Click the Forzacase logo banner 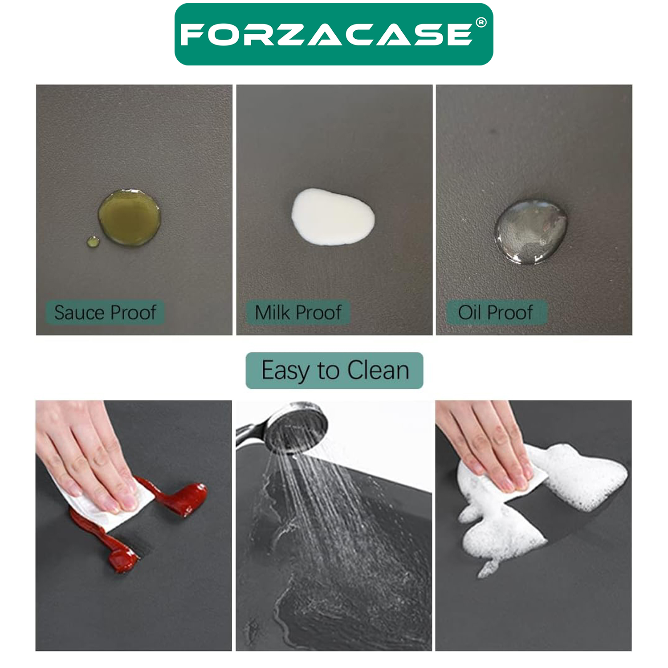tap(334, 34)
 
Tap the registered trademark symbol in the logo tap(481, 22)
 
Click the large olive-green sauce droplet tap(129, 217)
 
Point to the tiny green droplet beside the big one tap(93, 242)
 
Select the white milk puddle tap(333, 217)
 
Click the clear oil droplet tap(530, 232)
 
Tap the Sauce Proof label tap(105, 312)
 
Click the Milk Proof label tap(298, 312)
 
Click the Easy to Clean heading tap(334, 371)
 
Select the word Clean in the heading tap(378, 370)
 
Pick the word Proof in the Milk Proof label tap(321, 312)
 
